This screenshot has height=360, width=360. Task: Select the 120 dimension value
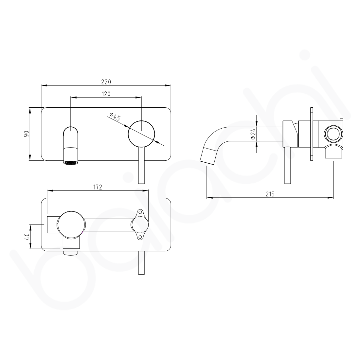[x=106, y=94]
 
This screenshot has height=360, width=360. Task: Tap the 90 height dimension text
[x=27, y=134]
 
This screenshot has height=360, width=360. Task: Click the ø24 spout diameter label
[x=253, y=134]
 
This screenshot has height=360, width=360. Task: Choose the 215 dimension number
[x=270, y=194]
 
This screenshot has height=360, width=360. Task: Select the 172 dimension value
[x=98, y=187]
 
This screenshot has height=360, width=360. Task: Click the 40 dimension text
[x=27, y=236]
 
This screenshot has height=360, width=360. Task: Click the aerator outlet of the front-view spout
[x=71, y=162]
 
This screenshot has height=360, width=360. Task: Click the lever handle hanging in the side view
[x=287, y=165]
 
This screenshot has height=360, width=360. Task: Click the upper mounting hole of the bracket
[x=140, y=212]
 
